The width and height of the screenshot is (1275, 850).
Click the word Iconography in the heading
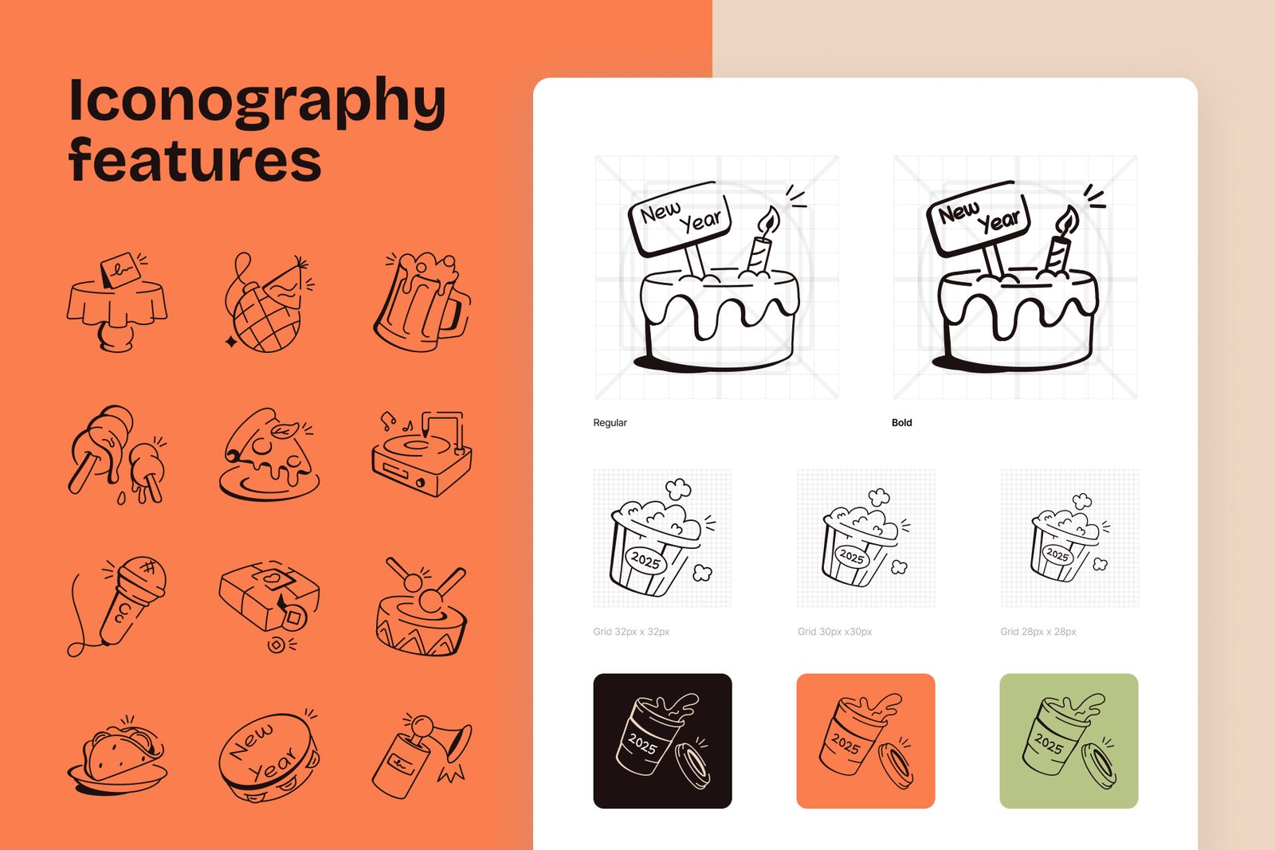pos(257,102)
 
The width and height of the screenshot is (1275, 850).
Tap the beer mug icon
pos(422,302)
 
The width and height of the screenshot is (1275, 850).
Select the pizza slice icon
pos(269,454)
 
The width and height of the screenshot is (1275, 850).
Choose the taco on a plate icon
pos(117,754)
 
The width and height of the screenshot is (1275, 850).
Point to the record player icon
pos(422,454)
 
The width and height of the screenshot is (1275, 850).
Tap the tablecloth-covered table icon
pos(116,302)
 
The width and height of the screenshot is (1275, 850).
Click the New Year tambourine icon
pos(269,755)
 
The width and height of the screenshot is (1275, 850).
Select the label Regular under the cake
pos(610,423)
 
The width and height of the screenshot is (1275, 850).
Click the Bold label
pos(901,423)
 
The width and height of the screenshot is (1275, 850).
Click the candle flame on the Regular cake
pos(768,220)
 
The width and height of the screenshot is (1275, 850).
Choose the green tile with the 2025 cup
pos(1069,741)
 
